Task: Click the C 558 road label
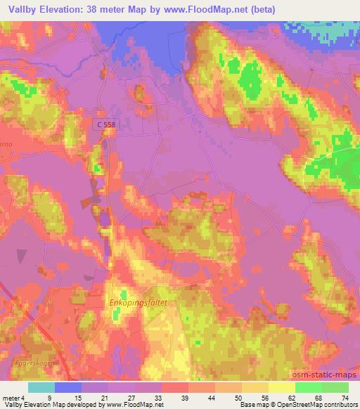(x=108, y=124)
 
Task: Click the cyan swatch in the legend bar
(x=41, y=387)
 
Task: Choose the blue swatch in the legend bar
(x=68, y=387)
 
